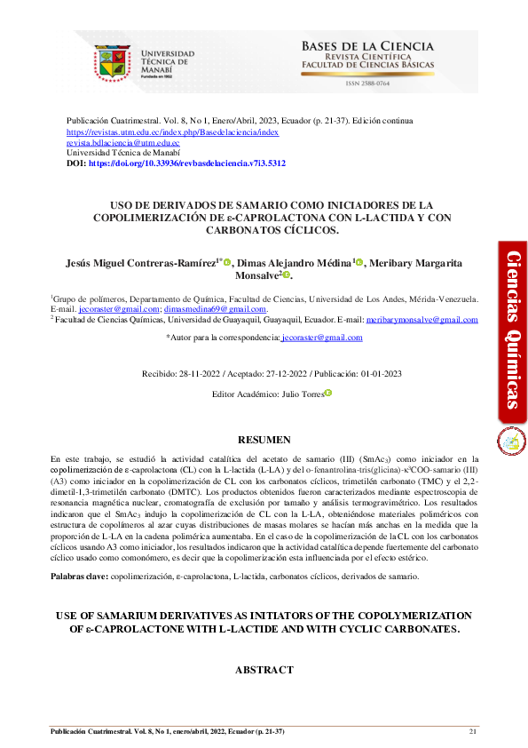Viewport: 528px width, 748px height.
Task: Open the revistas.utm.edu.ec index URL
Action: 173,131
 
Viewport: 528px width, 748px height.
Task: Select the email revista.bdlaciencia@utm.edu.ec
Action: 123,142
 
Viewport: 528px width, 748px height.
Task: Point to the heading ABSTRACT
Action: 264,670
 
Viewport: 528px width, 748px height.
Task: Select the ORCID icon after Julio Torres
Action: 327,393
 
